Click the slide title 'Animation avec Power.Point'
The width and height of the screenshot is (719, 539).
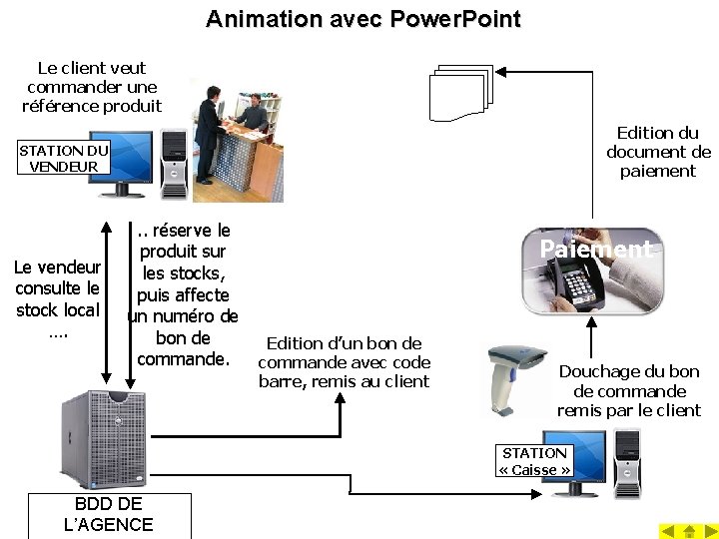[x=362, y=19]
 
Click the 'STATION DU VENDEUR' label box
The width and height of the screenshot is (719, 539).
[x=64, y=158]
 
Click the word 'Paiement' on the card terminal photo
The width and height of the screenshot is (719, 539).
[x=596, y=250]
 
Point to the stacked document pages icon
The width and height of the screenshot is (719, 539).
[x=461, y=92]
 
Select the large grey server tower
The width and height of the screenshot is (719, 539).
[x=103, y=439]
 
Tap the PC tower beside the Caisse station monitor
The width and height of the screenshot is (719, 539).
[x=627, y=462]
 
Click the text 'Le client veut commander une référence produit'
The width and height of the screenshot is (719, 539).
[x=91, y=87]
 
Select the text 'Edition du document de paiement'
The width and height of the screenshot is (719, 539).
[x=658, y=152]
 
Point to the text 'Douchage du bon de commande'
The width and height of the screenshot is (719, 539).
[x=629, y=390]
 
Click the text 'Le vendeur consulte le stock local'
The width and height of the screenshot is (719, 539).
[x=57, y=297]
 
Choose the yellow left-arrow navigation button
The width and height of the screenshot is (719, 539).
[x=668, y=531]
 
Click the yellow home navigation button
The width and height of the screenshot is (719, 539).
[x=689, y=531]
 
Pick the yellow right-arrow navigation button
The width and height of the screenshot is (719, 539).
[x=709, y=531]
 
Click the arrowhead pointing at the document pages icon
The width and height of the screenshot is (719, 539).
[x=502, y=72]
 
